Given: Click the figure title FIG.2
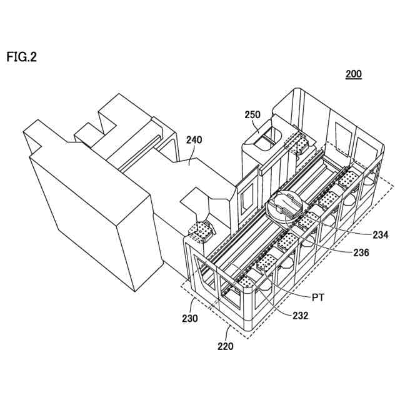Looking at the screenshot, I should (x=22, y=57).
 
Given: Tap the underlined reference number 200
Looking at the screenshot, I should (x=354, y=74).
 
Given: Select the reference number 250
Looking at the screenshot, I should (x=252, y=115).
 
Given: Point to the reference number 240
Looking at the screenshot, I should (x=194, y=141).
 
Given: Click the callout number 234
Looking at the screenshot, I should (x=379, y=235).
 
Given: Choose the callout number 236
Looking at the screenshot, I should (x=361, y=253).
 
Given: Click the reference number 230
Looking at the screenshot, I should (x=190, y=318).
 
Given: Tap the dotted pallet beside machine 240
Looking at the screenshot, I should (x=201, y=231).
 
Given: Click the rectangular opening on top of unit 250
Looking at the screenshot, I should (x=265, y=135).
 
